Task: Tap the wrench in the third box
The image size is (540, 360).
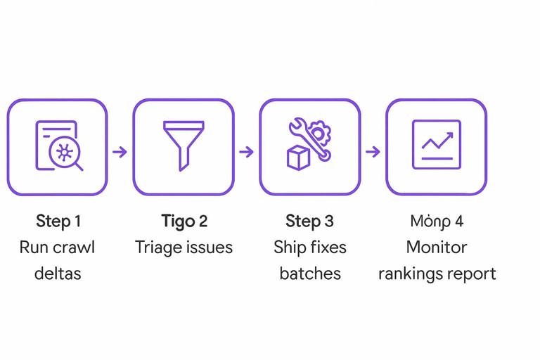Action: pyautogui.click(x=307, y=141)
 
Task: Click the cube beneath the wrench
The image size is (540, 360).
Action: pyautogui.click(x=297, y=157)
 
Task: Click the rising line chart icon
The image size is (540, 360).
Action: pyautogui.click(x=436, y=144)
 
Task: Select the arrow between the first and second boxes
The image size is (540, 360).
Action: pyautogui.click(x=120, y=151)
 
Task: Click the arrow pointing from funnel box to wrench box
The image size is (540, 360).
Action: pyautogui.click(x=246, y=151)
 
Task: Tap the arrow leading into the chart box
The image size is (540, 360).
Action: pyautogui.click(x=373, y=151)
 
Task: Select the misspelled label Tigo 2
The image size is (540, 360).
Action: pyautogui.click(x=184, y=221)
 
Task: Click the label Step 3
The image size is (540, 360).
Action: pyautogui.click(x=309, y=221)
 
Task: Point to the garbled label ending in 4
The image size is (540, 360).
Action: pyautogui.click(x=436, y=221)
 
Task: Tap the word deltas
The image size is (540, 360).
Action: pyautogui.click(x=58, y=273)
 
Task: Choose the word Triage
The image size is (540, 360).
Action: pyautogui.click(x=159, y=247)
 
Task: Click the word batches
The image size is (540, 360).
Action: pyautogui.click(x=309, y=273)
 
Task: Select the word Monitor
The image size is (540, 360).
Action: pyautogui.click(x=436, y=247)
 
